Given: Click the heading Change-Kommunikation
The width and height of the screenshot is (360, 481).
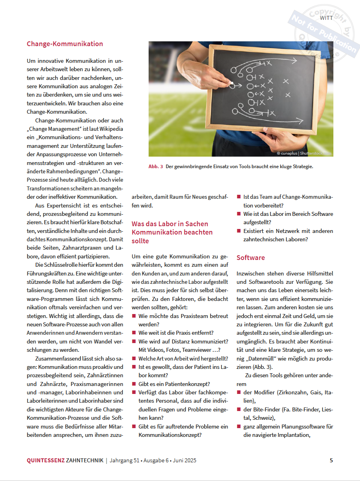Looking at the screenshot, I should [65, 44].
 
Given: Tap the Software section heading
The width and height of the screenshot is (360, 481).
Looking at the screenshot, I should [251, 258].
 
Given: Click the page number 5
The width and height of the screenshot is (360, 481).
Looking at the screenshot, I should [331, 460].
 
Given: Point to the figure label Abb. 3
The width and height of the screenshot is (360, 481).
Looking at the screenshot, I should [156, 167].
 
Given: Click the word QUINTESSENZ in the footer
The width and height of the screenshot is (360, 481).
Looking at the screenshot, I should [46, 460].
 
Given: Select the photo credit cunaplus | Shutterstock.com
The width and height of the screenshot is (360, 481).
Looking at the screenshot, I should [304, 153].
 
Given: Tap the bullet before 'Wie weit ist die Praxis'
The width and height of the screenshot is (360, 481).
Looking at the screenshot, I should [134, 333].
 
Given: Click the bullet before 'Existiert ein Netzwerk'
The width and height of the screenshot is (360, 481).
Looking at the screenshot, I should [239, 231].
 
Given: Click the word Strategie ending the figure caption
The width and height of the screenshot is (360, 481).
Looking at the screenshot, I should [302, 167].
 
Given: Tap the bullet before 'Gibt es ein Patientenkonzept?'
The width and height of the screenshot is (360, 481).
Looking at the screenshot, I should [134, 384].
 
